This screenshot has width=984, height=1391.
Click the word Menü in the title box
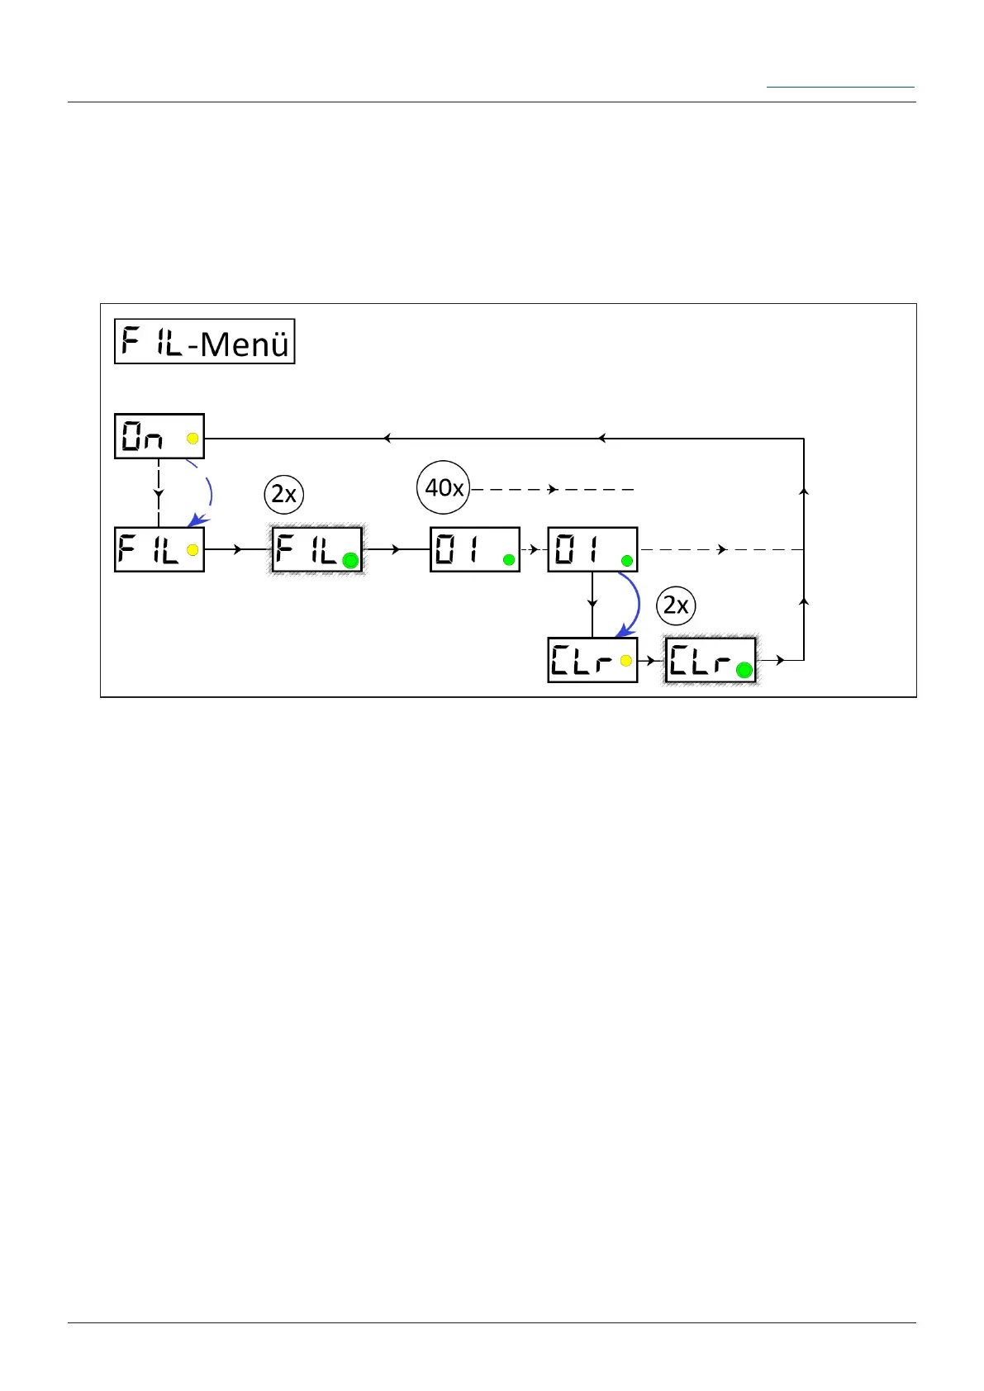point(245,344)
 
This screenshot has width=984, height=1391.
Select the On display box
point(159,436)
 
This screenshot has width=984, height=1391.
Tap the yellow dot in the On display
point(193,439)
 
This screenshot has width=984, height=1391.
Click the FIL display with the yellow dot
point(159,549)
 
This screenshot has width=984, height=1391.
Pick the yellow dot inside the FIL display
point(193,550)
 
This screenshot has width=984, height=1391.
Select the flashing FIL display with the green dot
point(318,549)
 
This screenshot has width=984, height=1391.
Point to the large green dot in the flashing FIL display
point(350,561)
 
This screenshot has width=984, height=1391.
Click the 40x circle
point(443,488)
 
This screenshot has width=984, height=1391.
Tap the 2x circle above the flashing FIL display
point(283,494)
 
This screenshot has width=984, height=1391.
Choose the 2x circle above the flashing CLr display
point(676,606)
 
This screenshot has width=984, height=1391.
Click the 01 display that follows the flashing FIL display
point(475,549)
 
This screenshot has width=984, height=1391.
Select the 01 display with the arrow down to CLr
point(592,549)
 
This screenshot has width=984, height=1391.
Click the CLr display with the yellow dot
point(592,660)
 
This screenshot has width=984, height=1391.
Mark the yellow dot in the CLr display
point(625,661)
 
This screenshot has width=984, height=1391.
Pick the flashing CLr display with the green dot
point(711,660)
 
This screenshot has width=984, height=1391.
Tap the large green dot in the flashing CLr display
point(744,671)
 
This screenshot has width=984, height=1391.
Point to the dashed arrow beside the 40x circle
point(552,490)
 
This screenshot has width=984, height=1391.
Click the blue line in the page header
point(840,87)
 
